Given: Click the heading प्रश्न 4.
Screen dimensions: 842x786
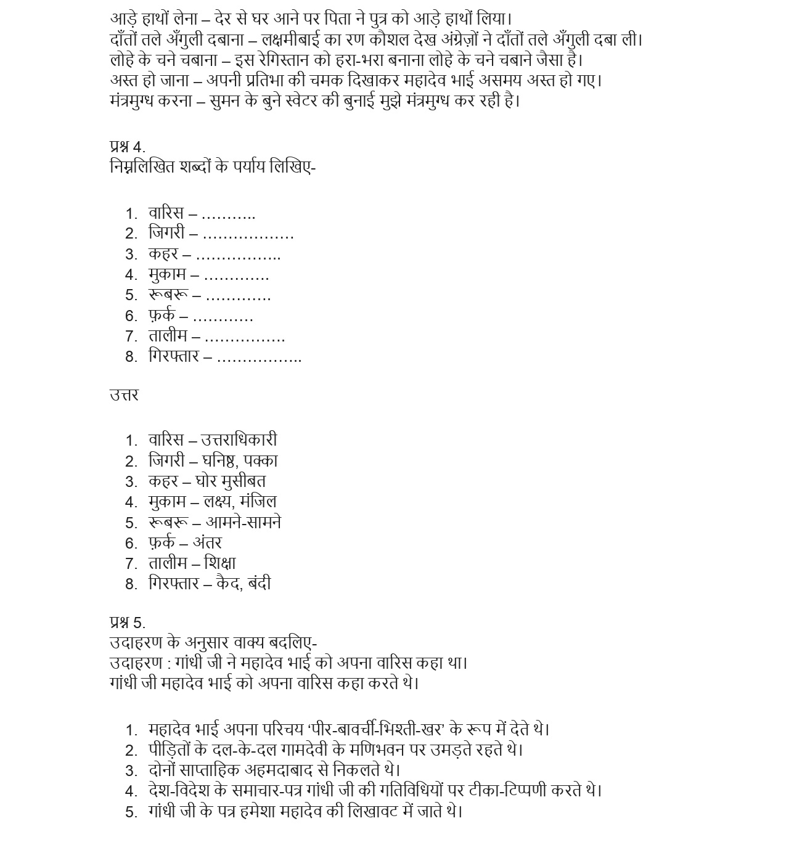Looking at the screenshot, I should click(x=128, y=147).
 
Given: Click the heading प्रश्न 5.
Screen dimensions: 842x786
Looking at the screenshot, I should click(x=128, y=623).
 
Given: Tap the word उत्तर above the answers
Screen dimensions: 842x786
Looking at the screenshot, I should click(x=124, y=395).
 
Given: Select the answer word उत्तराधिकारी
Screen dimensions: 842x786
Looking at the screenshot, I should click(x=239, y=440).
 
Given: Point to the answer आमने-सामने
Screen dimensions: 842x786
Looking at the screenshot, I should click(x=243, y=523).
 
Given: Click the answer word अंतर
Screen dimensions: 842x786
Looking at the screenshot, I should click(x=207, y=543).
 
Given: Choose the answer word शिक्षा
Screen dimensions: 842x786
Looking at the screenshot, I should click(x=219, y=563).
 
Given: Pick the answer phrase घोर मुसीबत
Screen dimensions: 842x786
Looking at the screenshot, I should click(x=231, y=481).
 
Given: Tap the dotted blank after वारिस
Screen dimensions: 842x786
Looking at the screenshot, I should click(x=228, y=215).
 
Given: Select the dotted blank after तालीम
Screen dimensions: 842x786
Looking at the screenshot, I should click(x=244, y=338).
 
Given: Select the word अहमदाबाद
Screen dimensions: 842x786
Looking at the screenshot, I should click(x=287, y=770).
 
